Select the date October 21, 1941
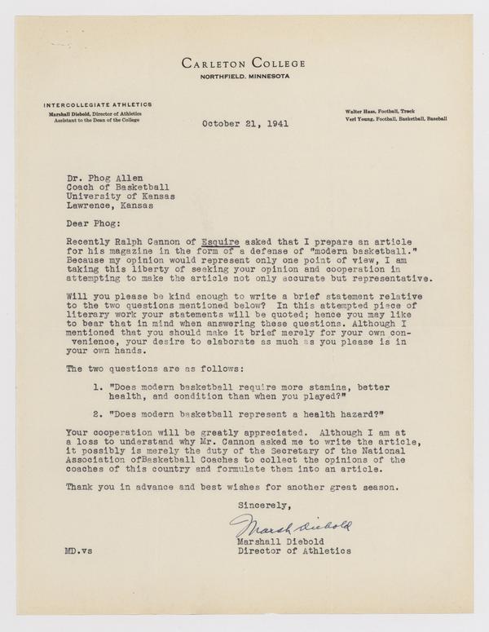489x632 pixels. (240, 125)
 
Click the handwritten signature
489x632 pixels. (290, 526)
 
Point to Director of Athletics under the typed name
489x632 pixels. (293, 550)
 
